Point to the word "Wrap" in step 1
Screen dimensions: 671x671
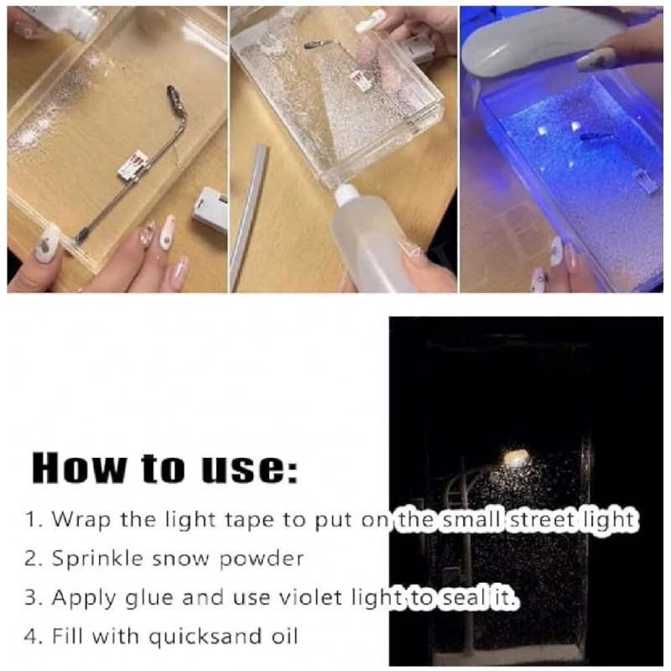click(x=77, y=519)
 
